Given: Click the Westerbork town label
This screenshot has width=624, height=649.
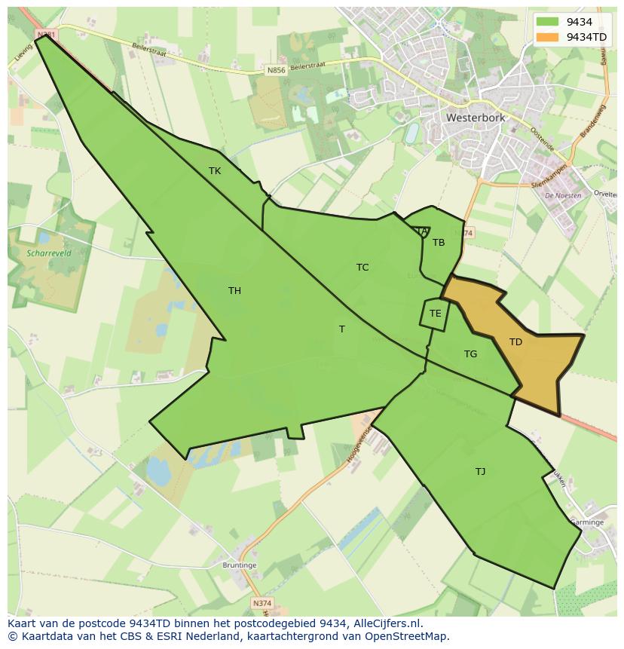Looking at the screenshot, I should tap(476, 118).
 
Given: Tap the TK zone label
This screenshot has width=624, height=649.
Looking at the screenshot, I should tap(215, 171).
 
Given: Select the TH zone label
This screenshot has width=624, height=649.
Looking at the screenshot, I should tap(234, 291).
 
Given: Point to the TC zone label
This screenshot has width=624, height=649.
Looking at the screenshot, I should tap(362, 268).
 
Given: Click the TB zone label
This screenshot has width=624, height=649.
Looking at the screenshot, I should tap(439, 243).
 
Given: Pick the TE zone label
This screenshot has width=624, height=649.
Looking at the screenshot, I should tap(435, 314).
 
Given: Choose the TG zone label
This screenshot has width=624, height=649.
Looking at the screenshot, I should tap(470, 354).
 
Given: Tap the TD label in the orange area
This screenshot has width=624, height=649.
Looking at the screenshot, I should tap(515, 342).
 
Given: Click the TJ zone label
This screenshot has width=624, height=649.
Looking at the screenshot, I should tap(480, 472).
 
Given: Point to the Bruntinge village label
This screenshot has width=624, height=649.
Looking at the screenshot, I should tap(239, 565).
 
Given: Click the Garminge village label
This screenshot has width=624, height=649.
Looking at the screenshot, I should tap(586, 522).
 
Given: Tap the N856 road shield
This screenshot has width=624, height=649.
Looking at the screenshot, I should tap(277, 70).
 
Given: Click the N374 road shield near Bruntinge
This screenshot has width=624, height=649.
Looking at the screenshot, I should tap(262, 603).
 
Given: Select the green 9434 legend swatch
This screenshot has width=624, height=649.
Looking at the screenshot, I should tap(548, 23).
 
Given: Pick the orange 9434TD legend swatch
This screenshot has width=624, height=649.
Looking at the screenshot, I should tap(548, 37).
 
